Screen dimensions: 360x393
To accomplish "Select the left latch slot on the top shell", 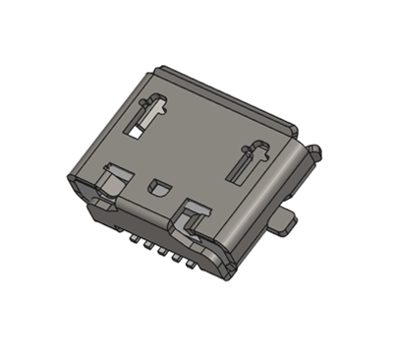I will click(x=144, y=115).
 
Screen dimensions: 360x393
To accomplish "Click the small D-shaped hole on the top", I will click(x=159, y=185).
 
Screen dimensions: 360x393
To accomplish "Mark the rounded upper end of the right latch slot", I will click(x=261, y=150).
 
